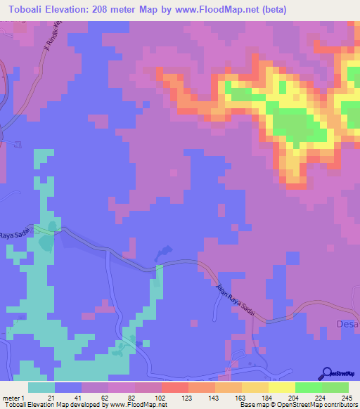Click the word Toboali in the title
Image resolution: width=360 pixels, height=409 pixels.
click(28, 10)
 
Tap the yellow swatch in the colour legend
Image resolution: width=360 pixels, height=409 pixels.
click(282, 387)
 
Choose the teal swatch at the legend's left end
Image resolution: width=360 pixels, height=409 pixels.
click(41, 387)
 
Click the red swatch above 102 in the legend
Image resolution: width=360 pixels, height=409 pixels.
click(175, 387)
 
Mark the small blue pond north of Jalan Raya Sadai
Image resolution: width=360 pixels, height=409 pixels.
click(162, 251)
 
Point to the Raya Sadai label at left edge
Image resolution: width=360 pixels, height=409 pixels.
click(15, 236)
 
